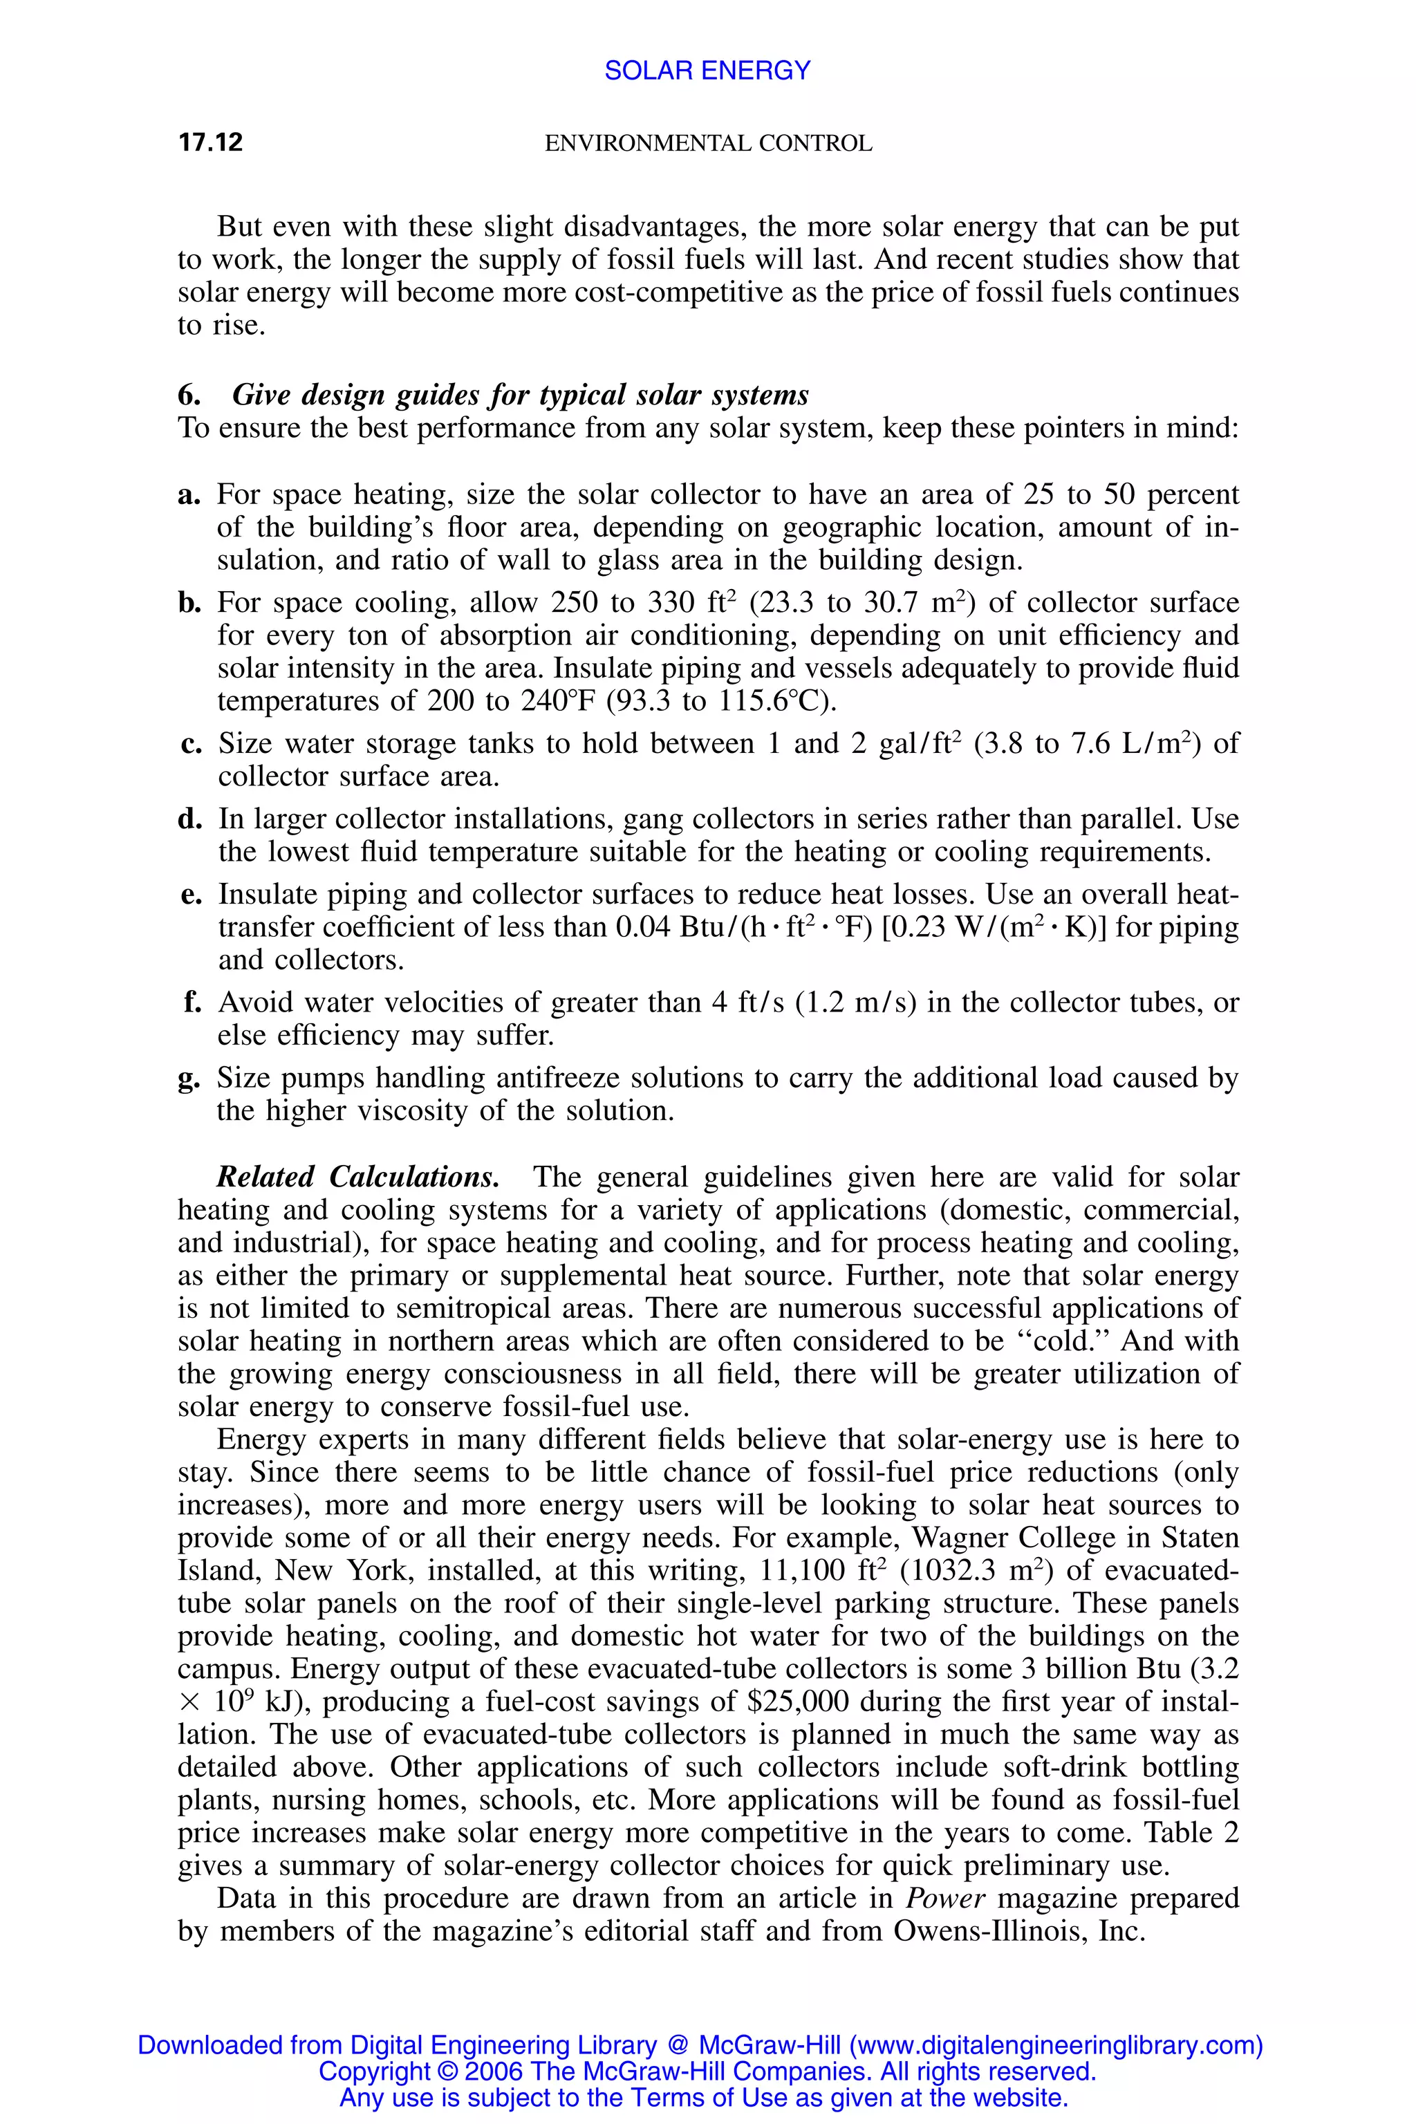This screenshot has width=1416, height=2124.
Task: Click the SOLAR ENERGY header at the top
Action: (707, 71)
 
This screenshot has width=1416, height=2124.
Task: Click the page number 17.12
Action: (210, 142)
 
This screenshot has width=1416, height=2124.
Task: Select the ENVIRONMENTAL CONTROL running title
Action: (708, 144)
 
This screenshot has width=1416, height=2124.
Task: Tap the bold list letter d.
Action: (189, 819)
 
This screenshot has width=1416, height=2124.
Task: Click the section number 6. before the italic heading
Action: (188, 395)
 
